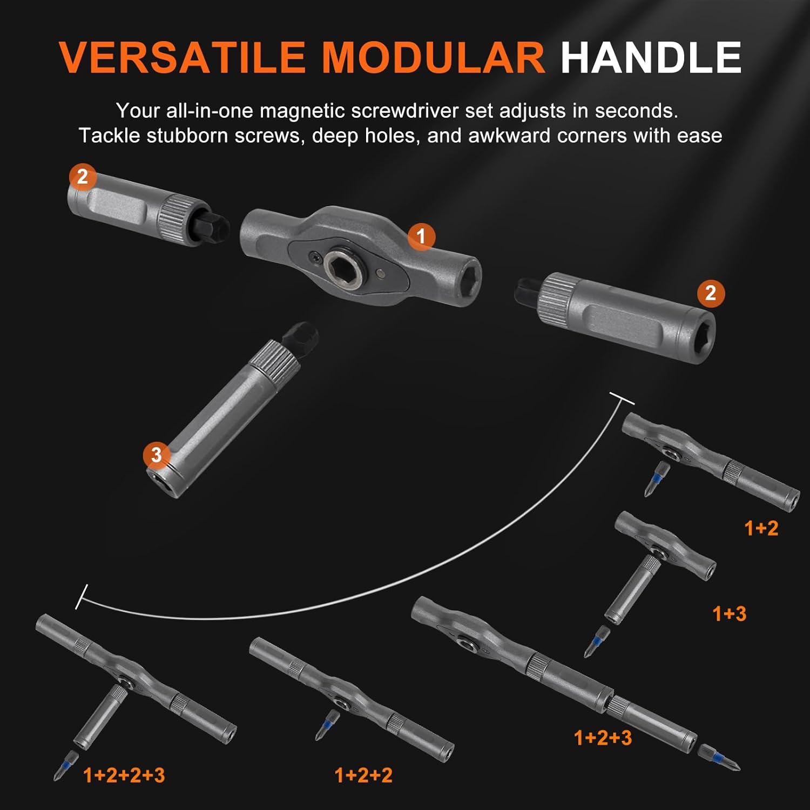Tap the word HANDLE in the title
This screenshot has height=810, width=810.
click(x=651, y=57)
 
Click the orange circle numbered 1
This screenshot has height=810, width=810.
click(x=421, y=237)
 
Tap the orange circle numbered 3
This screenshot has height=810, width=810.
click(x=156, y=455)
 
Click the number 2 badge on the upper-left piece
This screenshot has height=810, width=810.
click(x=82, y=177)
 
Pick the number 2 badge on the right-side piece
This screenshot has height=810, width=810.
click(x=710, y=293)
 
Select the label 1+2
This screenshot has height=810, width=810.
click(x=761, y=528)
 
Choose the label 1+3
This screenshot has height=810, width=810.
click(x=729, y=613)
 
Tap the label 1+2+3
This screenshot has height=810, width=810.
click(x=603, y=738)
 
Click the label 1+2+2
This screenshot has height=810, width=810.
click(x=363, y=775)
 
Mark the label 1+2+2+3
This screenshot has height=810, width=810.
click(x=124, y=775)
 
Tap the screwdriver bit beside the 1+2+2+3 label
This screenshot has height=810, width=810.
click(x=65, y=765)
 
